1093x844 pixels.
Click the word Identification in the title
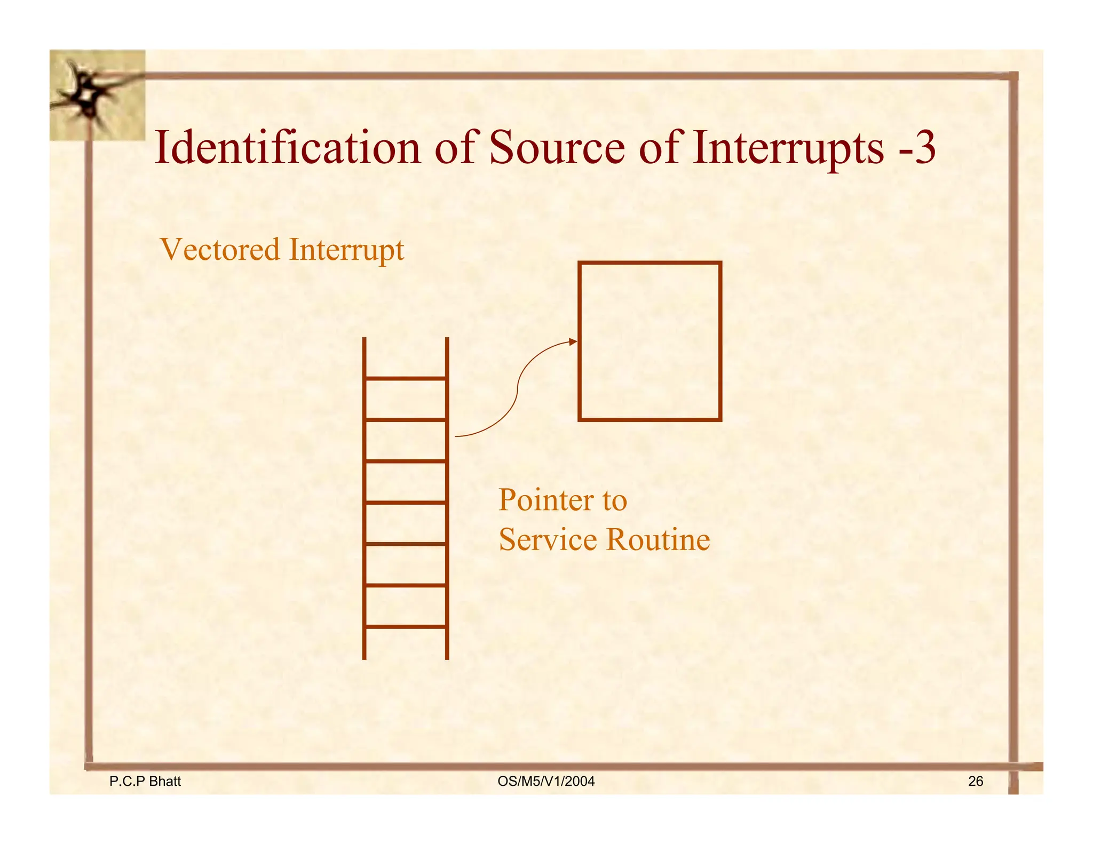[288, 148]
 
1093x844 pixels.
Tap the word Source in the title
[557, 148]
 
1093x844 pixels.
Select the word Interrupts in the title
[788, 148]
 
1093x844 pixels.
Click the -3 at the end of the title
[917, 148]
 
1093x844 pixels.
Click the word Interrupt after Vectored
[346, 250]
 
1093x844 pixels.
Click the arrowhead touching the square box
[573, 341]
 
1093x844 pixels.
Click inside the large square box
[650, 341]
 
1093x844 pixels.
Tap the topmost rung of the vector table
[406, 378]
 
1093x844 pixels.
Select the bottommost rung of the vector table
[406, 626]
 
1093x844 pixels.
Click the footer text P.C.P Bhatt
[145, 781]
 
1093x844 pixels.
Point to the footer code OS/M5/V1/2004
[545, 781]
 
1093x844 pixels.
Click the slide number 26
[975, 781]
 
